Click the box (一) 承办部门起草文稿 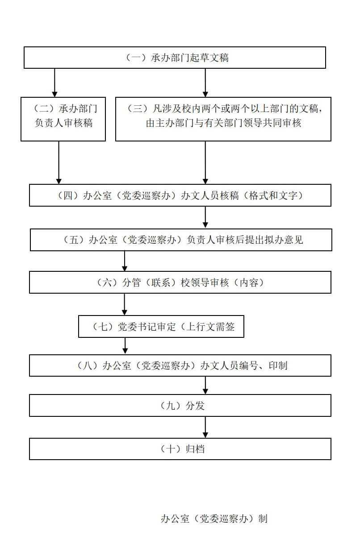point(175,58)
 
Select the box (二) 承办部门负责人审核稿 point(63,119)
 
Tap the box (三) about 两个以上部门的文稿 point(223,119)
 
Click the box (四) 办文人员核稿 point(180,195)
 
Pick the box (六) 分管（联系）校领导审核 point(180,282)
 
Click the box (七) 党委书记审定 point(161,327)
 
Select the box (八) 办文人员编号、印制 point(180,365)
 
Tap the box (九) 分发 point(180,405)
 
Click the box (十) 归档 point(180,449)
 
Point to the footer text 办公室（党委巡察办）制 point(214,519)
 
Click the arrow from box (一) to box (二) point(54,83)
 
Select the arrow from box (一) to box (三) point(205,83)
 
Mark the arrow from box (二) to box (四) point(59,162)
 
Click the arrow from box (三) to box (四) point(205,162)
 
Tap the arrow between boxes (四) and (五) point(205,217)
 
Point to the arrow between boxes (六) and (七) point(124,304)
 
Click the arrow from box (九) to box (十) point(205,427)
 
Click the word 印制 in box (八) point(278,365)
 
